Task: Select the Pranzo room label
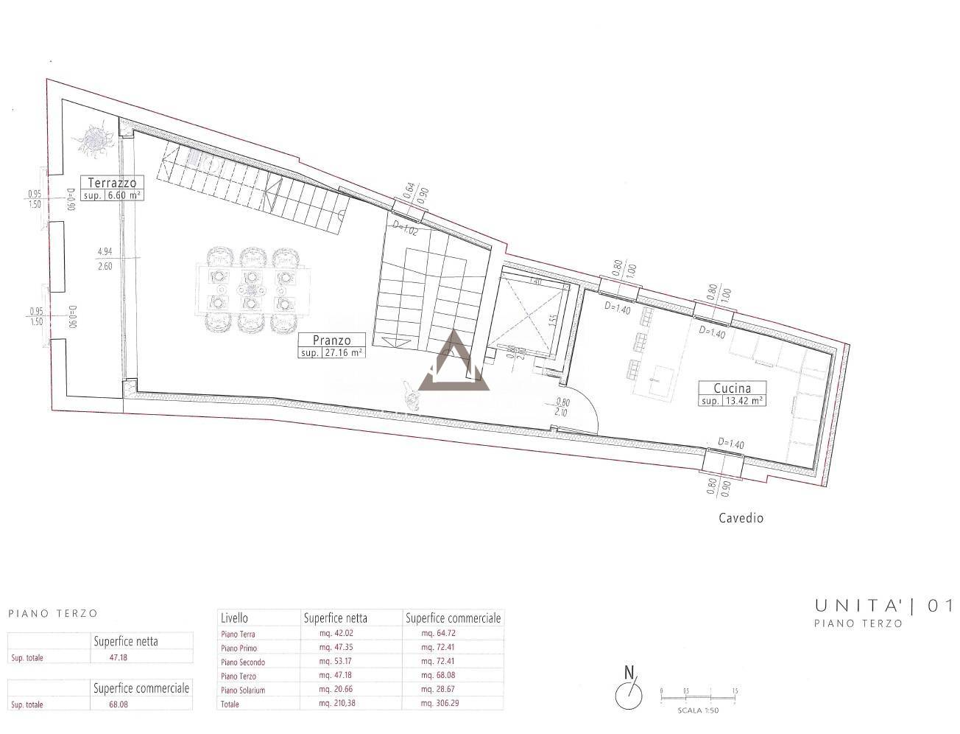331,340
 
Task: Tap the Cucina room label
731,388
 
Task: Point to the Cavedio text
741,518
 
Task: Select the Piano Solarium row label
243,690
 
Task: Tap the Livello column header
234,618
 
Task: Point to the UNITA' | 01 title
883,607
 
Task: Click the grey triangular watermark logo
453,363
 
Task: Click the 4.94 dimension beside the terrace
105,251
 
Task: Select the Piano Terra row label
239,634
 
